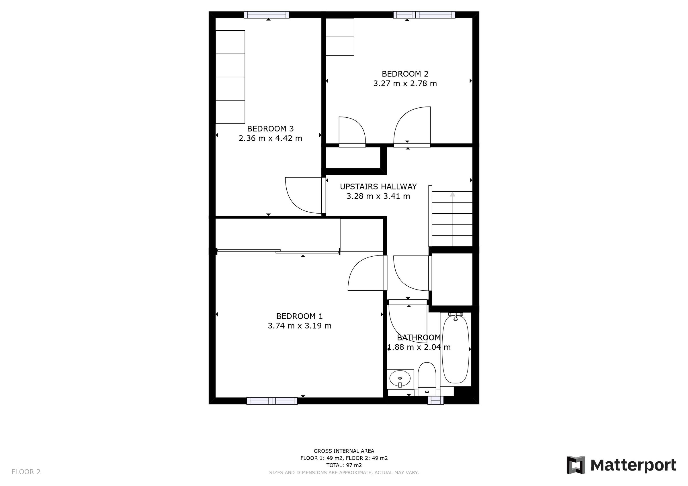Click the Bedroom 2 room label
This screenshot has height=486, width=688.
click(405, 74)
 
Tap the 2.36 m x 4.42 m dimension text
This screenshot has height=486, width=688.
click(270, 138)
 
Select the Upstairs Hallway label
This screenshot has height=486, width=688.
click(378, 186)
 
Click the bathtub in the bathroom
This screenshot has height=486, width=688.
click(455, 349)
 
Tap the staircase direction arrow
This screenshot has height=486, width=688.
click(452, 195)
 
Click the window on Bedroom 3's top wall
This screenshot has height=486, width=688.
click(266, 15)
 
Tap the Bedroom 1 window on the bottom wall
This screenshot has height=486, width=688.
click(272, 401)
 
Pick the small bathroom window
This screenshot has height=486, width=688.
click(435, 400)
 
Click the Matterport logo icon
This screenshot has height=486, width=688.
click(576, 465)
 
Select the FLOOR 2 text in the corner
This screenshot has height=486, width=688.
click(26, 472)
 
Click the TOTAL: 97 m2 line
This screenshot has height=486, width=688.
click(344, 465)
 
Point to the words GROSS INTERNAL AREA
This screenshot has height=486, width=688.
click(344, 451)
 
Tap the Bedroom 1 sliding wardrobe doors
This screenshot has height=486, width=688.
click(278, 252)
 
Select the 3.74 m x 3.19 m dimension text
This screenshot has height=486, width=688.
click(299, 326)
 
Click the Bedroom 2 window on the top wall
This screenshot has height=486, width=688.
click(424, 15)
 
